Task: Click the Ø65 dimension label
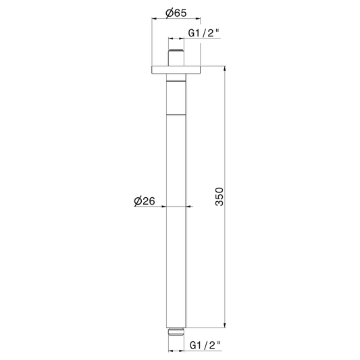[x=176, y=13]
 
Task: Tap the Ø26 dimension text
[x=145, y=201]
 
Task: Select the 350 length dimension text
[x=220, y=197]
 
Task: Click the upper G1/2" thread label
[x=204, y=33]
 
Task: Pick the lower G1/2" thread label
[x=205, y=345]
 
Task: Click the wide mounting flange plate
[x=176, y=70]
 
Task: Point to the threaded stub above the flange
[x=176, y=57]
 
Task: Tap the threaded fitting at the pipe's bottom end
[x=176, y=332]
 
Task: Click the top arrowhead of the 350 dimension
[x=225, y=69]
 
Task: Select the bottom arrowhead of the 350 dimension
[x=225, y=325]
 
